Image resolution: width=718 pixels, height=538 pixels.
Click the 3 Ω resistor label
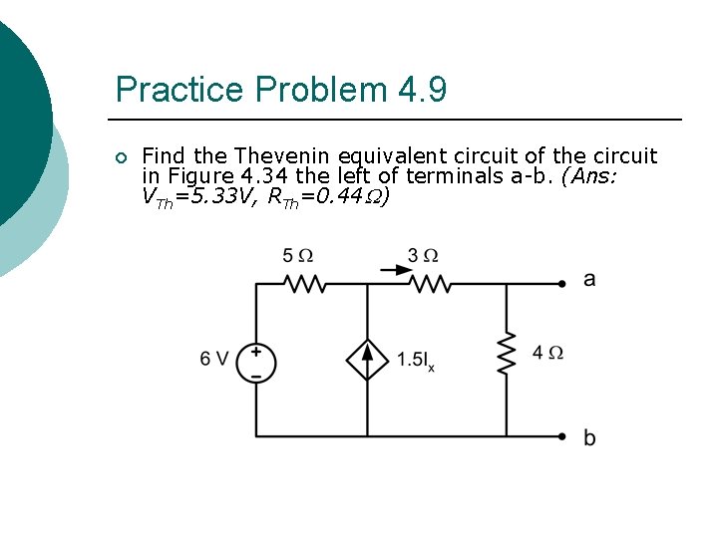point(423,256)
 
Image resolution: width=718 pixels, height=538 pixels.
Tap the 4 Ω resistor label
point(548,353)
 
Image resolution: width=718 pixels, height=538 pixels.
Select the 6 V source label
point(214,359)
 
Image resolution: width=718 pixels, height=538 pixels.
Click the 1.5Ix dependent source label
point(415,360)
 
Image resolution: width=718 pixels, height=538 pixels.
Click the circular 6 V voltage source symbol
point(256,363)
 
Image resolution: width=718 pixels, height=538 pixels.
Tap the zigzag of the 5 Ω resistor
point(305,285)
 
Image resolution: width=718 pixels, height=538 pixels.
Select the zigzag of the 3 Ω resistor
point(430,285)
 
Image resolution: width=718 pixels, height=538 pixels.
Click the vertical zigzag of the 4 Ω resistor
point(507,354)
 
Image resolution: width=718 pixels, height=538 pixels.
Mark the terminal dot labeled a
point(563,284)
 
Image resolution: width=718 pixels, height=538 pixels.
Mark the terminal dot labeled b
point(563,436)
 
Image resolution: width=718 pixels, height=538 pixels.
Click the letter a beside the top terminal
point(589,280)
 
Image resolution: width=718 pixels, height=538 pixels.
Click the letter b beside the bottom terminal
point(589,437)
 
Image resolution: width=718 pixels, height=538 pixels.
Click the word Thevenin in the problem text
point(284,156)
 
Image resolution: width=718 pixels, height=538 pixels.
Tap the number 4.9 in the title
point(423,91)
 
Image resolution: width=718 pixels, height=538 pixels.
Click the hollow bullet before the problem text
point(121,158)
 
